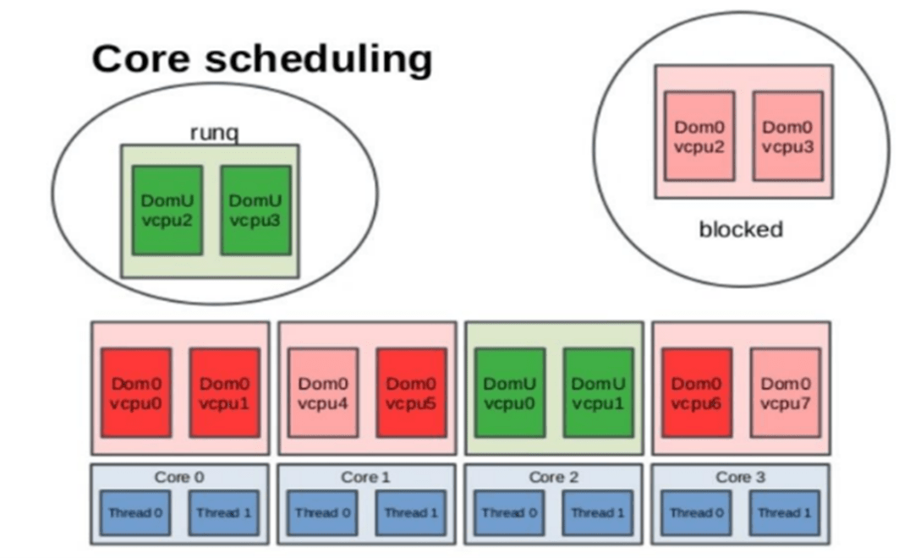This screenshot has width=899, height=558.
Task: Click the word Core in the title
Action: click(140, 58)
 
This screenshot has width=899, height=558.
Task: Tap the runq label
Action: click(214, 133)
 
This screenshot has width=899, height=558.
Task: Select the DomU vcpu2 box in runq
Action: click(167, 211)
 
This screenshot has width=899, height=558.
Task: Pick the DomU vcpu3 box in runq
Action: click(255, 211)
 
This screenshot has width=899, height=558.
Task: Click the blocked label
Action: click(741, 229)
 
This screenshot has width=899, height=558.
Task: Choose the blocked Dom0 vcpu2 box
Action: click(699, 136)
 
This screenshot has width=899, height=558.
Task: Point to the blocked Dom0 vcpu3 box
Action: click(787, 136)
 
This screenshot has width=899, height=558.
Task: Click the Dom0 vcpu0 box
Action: click(136, 392)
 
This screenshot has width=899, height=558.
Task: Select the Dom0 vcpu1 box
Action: click(225, 392)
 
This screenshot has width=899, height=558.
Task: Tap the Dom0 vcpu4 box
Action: click(323, 392)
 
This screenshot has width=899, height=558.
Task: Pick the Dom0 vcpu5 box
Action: click(412, 392)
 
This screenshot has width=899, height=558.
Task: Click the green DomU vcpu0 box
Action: click(510, 392)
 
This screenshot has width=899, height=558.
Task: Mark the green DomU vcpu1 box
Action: click(598, 392)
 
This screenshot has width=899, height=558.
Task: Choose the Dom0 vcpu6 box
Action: click(697, 392)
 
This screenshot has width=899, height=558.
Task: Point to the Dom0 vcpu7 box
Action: click(786, 392)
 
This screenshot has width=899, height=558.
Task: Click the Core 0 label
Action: click(179, 477)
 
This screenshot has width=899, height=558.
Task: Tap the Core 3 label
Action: click(740, 477)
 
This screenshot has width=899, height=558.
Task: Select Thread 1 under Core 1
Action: click(410, 512)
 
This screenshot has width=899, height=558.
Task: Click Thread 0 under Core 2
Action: click(509, 512)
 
